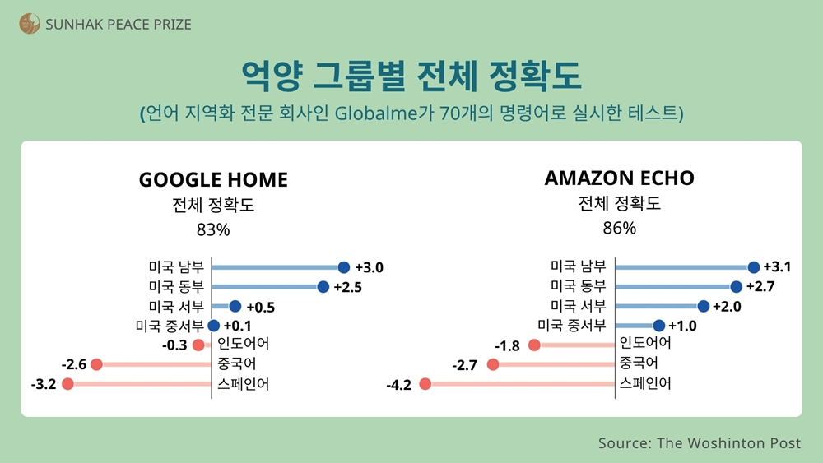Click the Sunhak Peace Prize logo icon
coord(30,24)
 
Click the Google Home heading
coord(213,179)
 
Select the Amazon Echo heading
coord(619,178)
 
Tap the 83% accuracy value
coord(213,229)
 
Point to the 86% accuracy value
coord(619,228)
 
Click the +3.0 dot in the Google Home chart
coord(344,267)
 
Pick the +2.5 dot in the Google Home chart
coord(323,287)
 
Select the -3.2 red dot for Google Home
coord(67,384)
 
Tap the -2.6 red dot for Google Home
coord(96,364)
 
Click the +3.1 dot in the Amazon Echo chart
coord(753,267)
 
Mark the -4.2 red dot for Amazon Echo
coord(425,383)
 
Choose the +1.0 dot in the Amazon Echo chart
coord(658,326)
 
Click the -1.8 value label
coord(507,345)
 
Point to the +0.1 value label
coord(236,326)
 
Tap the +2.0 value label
coord(727,307)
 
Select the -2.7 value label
coord(466,364)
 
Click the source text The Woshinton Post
coord(728,443)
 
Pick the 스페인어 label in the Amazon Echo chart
coord(645,383)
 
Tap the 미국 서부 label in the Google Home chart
coord(176,306)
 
